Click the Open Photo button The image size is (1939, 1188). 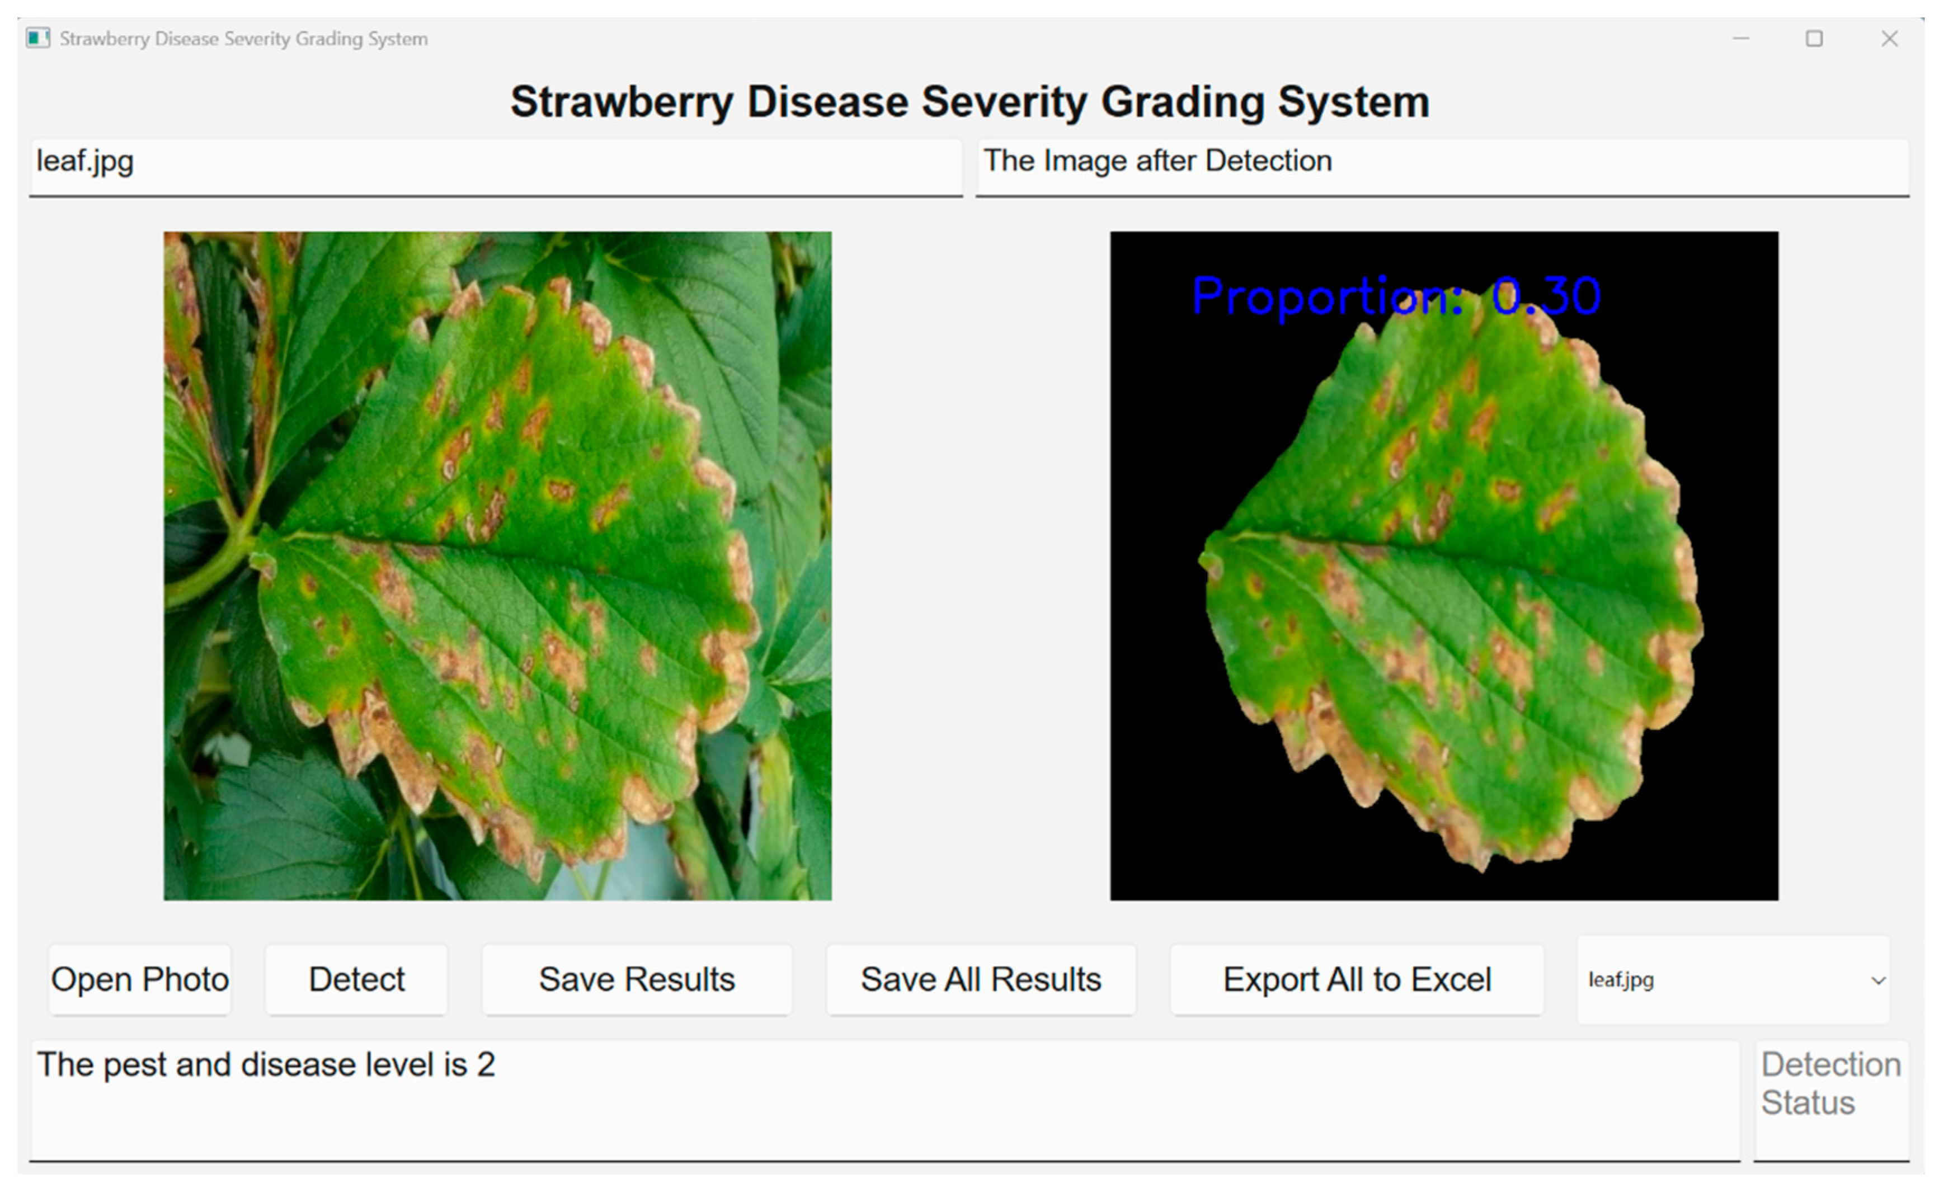140,979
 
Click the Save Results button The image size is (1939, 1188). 637,979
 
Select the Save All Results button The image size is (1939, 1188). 981,979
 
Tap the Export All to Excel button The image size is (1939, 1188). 1357,979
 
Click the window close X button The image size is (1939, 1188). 1889,39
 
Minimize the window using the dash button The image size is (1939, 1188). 1741,39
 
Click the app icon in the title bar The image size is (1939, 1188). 38,38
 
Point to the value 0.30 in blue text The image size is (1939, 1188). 1546,296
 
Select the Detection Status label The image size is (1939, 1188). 1831,1083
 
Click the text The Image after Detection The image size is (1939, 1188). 1157,161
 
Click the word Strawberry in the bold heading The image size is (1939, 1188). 622,103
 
